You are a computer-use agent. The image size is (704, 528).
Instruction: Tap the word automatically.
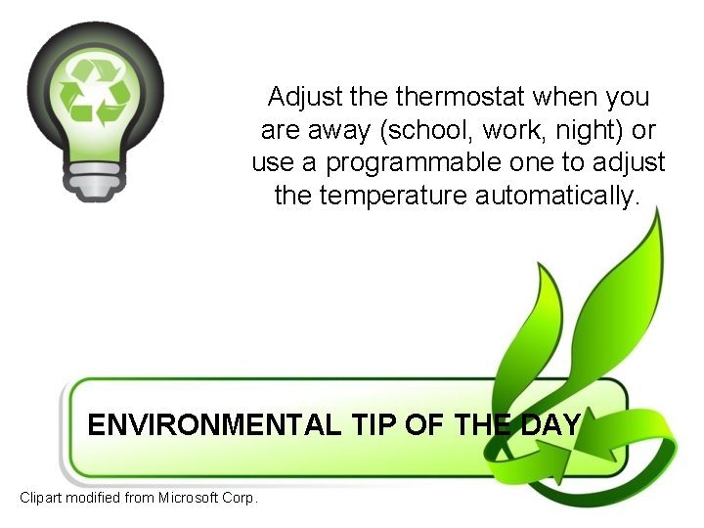pyautogui.click(x=558, y=196)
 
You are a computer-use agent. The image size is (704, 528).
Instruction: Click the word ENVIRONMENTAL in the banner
pyautogui.click(x=213, y=425)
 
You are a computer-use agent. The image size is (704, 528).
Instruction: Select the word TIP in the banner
pyautogui.click(x=373, y=425)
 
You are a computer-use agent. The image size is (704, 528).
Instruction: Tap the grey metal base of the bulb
pyautogui.click(x=96, y=182)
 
